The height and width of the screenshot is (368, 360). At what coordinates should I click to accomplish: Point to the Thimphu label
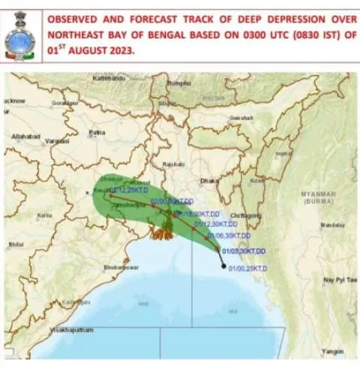click(x=178, y=83)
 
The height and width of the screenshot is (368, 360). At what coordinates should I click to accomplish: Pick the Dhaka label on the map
click(x=209, y=181)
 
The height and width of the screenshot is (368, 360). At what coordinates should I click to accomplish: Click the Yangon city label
click(x=331, y=351)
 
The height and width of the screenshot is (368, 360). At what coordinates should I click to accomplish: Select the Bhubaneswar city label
click(x=121, y=267)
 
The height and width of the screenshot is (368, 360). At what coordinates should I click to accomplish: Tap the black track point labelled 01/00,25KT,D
click(x=223, y=265)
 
